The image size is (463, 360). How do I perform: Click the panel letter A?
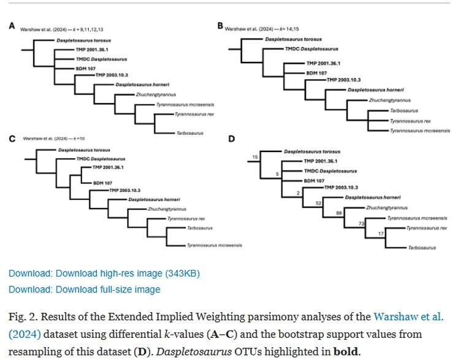(x=12, y=26)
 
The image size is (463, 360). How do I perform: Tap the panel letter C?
(x=12, y=138)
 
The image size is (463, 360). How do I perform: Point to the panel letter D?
(x=231, y=139)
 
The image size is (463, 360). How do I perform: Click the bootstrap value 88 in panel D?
(x=339, y=212)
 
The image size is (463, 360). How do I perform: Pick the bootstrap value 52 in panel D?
(x=318, y=202)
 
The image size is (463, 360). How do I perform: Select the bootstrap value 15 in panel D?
(x=256, y=158)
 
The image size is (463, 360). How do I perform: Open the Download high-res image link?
(x=104, y=273)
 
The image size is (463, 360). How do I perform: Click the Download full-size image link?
(x=84, y=289)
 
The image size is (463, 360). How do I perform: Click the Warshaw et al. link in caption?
(x=407, y=317)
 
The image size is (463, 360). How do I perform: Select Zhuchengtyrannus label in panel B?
(x=389, y=100)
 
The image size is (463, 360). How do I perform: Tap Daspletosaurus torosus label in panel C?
(x=84, y=150)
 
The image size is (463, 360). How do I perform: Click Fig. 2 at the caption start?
(x=23, y=317)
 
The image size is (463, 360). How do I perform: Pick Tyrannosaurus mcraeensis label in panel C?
(x=214, y=245)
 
